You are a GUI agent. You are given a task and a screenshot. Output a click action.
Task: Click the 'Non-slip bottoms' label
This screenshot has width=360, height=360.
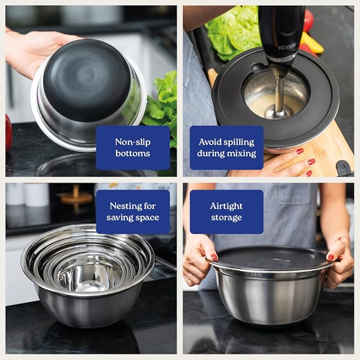[133, 147]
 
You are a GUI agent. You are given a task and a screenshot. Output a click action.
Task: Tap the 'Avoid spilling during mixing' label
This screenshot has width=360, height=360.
[226, 147]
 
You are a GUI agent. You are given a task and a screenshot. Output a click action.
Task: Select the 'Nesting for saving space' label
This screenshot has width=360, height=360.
[133, 212]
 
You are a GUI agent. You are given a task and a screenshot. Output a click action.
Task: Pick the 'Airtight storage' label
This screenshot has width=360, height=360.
[226, 212]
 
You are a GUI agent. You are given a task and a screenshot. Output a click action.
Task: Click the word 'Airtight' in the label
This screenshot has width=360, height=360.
[226, 206]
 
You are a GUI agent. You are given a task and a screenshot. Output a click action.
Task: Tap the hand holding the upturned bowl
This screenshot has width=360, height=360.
[32, 50]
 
